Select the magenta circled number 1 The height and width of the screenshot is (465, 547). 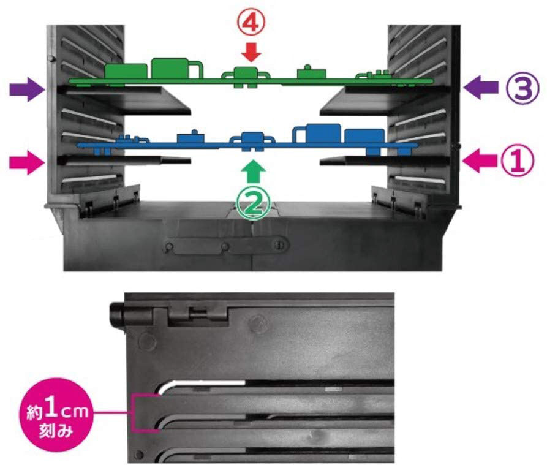click(518, 161)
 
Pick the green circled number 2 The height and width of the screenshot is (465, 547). click(254, 205)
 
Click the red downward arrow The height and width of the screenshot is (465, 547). click(251, 53)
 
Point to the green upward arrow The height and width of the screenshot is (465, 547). click(254, 172)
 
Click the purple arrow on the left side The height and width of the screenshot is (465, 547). click(26, 89)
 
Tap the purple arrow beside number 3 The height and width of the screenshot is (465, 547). click(481, 87)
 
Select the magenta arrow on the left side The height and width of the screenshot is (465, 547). click(27, 162)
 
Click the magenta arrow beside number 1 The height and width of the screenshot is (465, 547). click(479, 161)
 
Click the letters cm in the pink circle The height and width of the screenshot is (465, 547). click(74, 411)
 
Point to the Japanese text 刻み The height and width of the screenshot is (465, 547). click(56, 431)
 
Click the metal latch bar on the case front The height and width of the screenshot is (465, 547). click(226, 246)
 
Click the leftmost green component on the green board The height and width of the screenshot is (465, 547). click(126, 71)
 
